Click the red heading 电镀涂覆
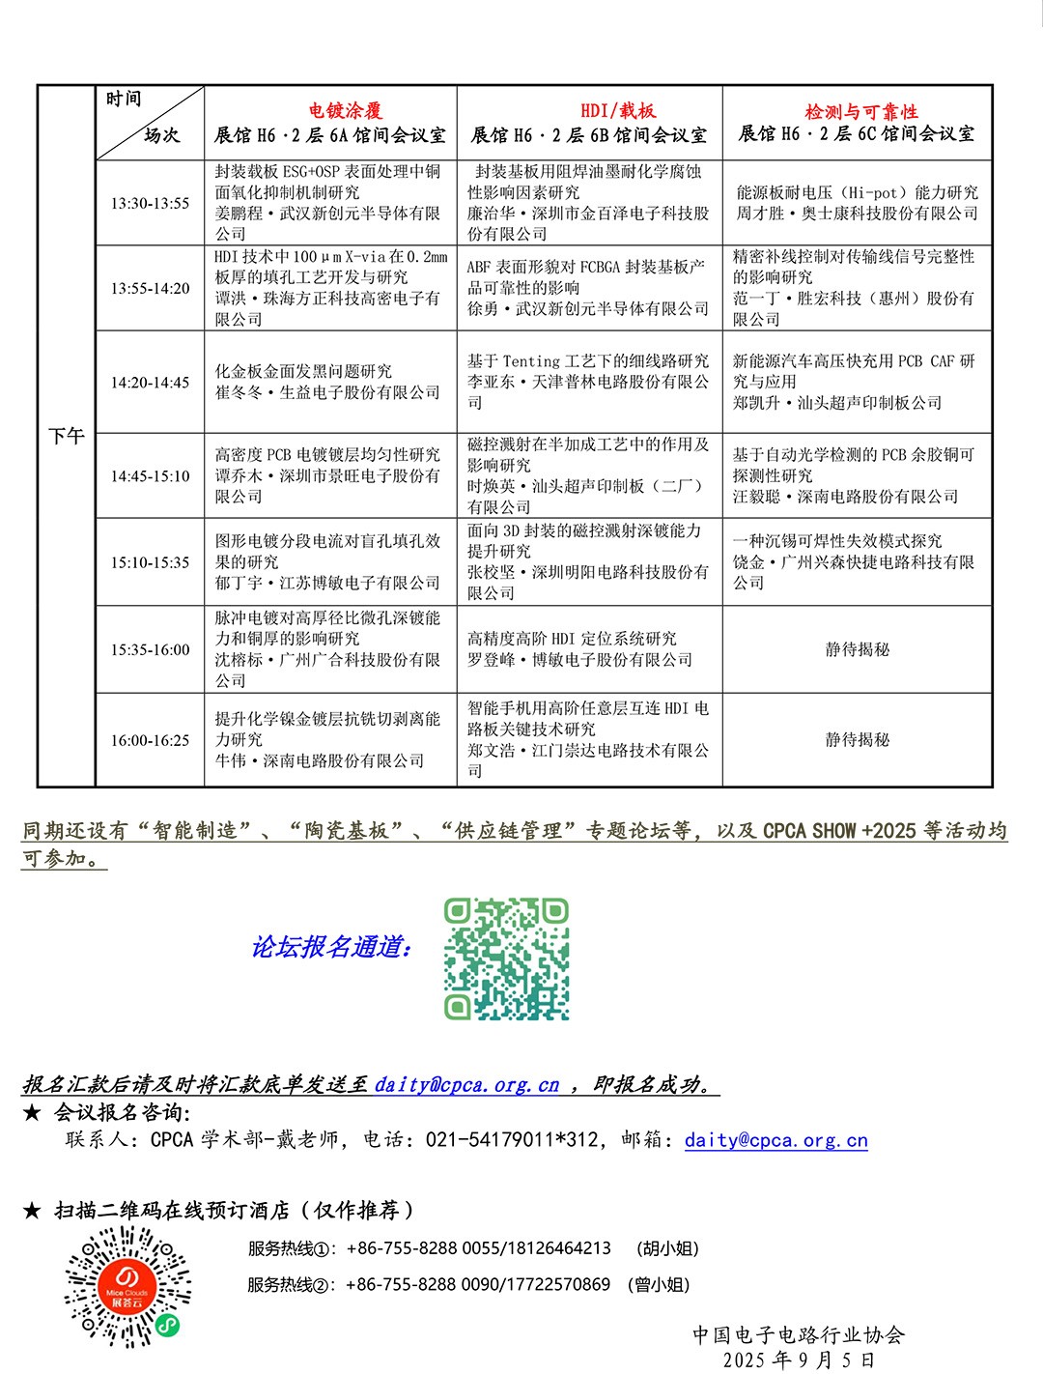(345, 111)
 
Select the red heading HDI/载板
(618, 111)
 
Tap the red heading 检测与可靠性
(861, 111)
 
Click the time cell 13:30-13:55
(150, 203)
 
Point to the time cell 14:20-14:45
(150, 383)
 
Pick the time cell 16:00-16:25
(150, 740)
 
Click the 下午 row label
(67, 437)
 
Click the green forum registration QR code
(506, 959)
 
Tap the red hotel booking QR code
(127, 1286)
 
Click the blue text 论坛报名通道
(331, 947)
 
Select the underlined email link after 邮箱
(775, 1140)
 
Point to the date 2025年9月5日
(799, 1360)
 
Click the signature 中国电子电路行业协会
(799, 1334)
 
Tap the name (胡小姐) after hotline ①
(667, 1248)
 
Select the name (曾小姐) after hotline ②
(659, 1284)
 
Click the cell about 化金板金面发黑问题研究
(326, 383)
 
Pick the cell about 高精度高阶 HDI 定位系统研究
(579, 649)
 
